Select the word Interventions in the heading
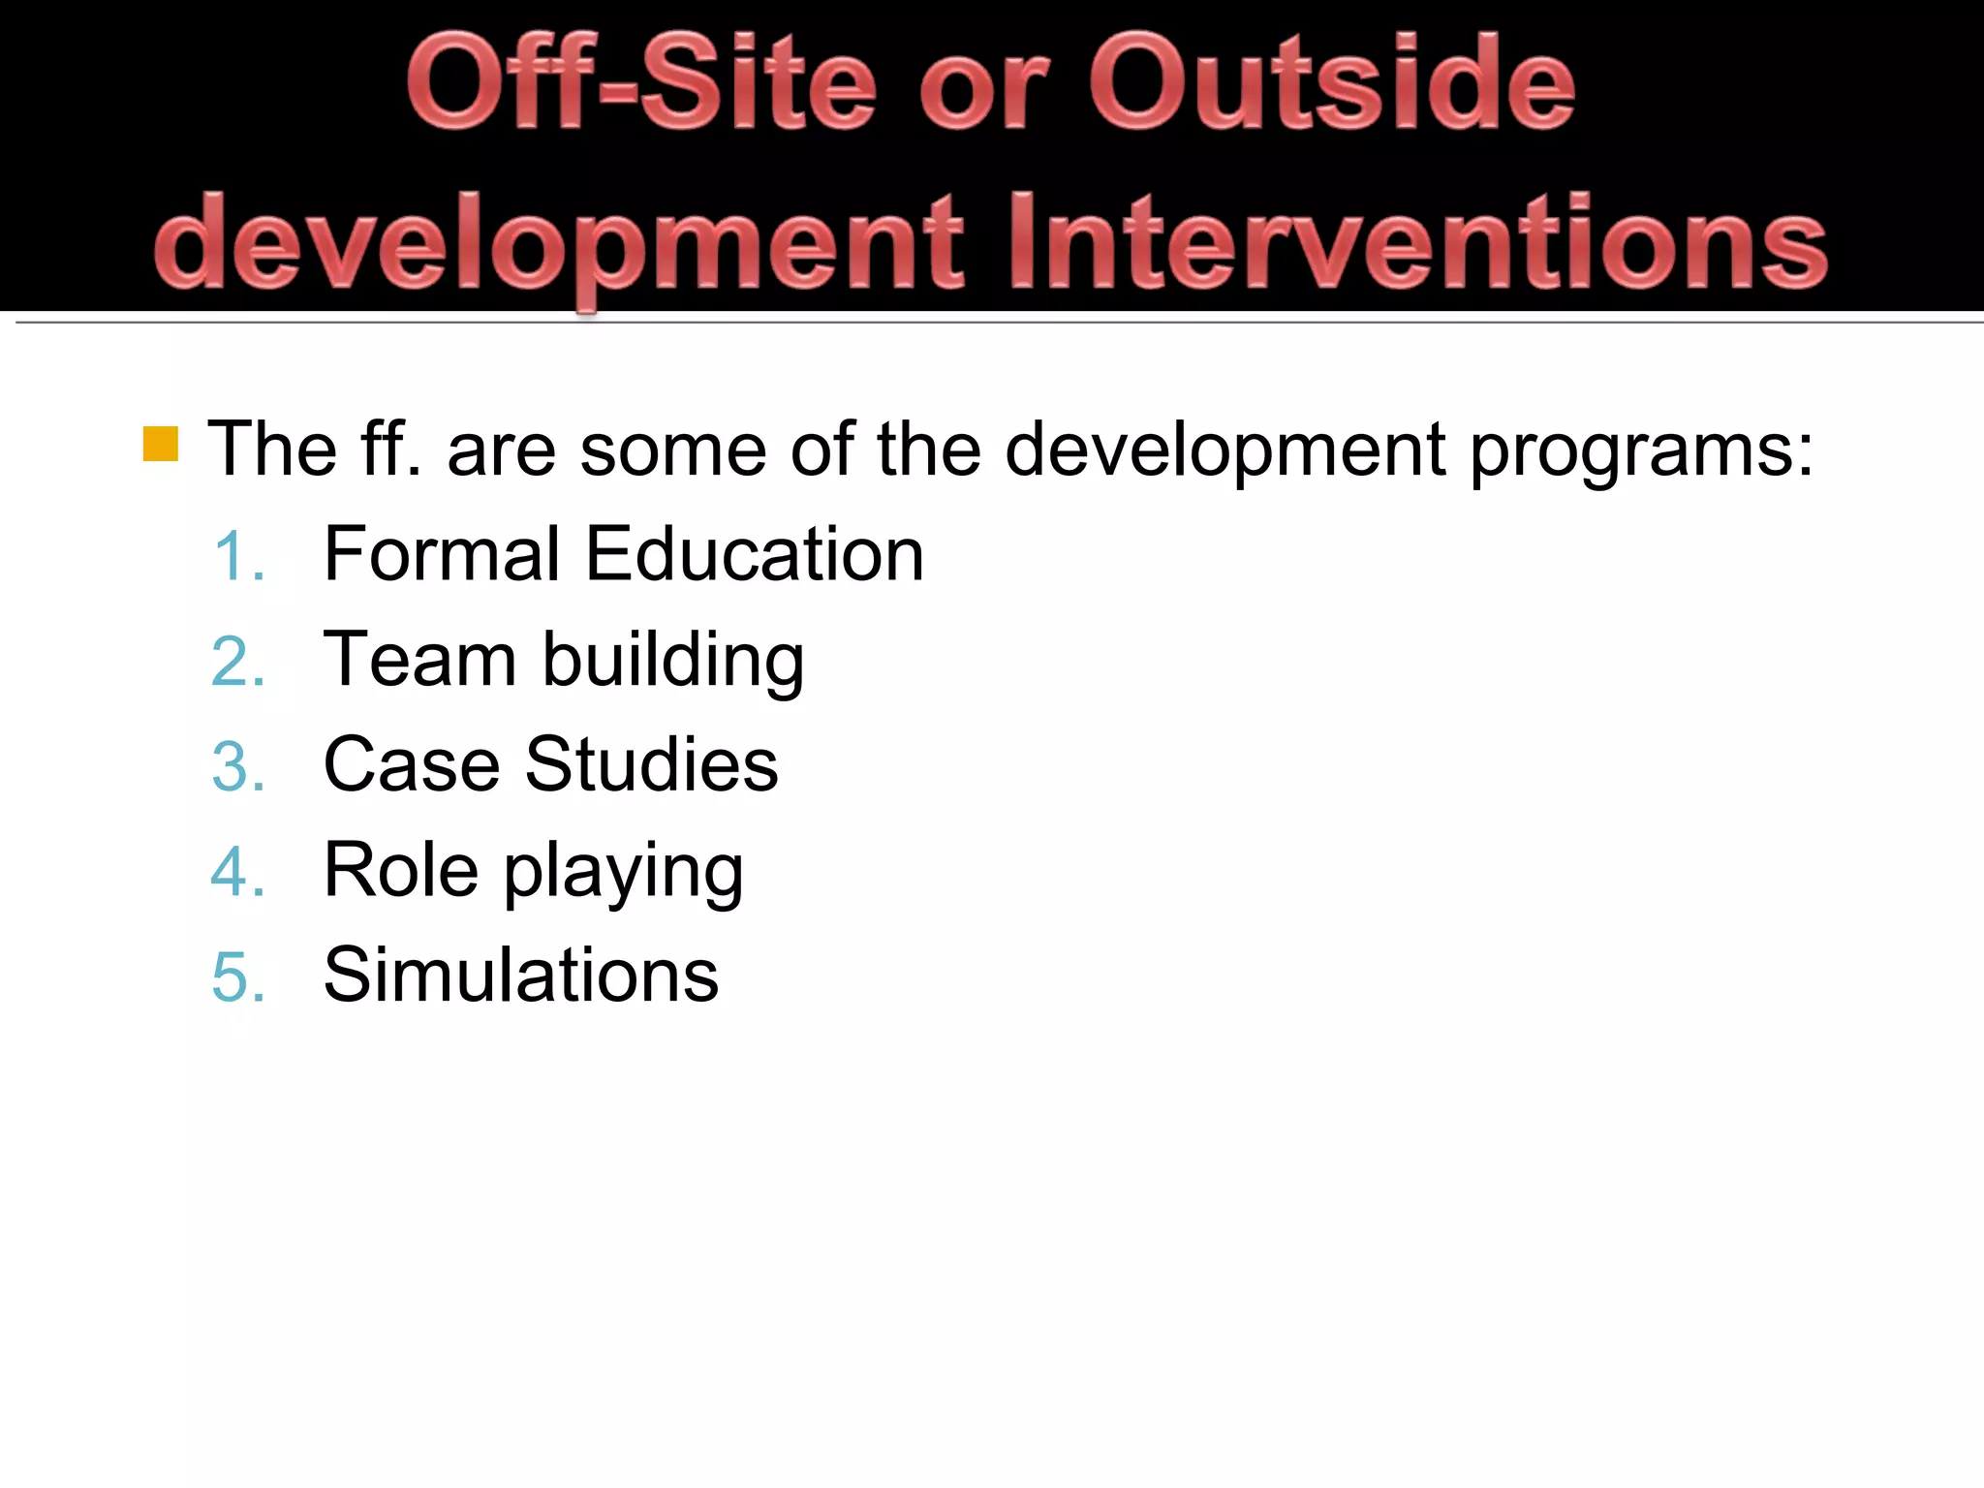(1416, 242)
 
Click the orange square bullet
(161, 444)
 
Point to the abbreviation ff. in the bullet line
(391, 449)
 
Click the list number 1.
(238, 558)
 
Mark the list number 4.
(238, 873)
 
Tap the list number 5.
(238, 977)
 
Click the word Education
(755, 554)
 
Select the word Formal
(442, 554)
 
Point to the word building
(672, 661)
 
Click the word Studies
(651, 764)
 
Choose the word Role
(400, 870)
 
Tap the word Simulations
(521, 975)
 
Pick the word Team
(419, 660)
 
